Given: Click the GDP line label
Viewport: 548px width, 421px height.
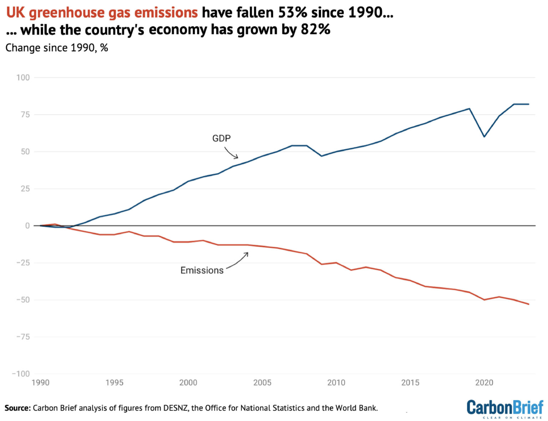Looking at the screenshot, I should pyautogui.click(x=221, y=138).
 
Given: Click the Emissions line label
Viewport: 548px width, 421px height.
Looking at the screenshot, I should pyautogui.click(x=202, y=270).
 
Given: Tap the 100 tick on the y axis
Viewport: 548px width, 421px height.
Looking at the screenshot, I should pyautogui.click(x=23, y=77).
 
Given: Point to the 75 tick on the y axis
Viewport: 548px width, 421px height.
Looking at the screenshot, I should pyautogui.click(x=25, y=114).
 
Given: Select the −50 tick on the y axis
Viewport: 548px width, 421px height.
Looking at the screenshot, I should pyautogui.click(x=23, y=300).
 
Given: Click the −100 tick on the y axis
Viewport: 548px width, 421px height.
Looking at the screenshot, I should pyautogui.click(x=21, y=374).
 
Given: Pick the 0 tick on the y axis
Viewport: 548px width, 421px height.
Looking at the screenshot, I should pyautogui.click(x=27, y=226).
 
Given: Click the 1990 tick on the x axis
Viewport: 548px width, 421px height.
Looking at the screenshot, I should pyautogui.click(x=40, y=383).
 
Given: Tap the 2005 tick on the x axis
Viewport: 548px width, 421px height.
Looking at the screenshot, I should pyautogui.click(x=262, y=383).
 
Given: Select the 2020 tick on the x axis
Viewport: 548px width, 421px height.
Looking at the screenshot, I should pyautogui.click(x=484, y=383).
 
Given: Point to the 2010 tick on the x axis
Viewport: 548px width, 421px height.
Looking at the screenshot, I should pyautogui.click(x=336, y=383).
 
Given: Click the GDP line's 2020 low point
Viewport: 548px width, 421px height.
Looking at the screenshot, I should pyautogui.click(x=484, y=137).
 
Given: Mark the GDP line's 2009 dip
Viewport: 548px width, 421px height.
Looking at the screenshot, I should pyautogui.click(x=321, y=156).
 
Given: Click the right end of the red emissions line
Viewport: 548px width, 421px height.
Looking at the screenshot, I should pyautogui.click(x=528, y=304).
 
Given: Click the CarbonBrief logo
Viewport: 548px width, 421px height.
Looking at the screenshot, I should pyautogui.click(x=504, y=409).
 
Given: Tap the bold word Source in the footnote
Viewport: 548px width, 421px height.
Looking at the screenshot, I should pyautogui.click(x=17, y=408).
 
